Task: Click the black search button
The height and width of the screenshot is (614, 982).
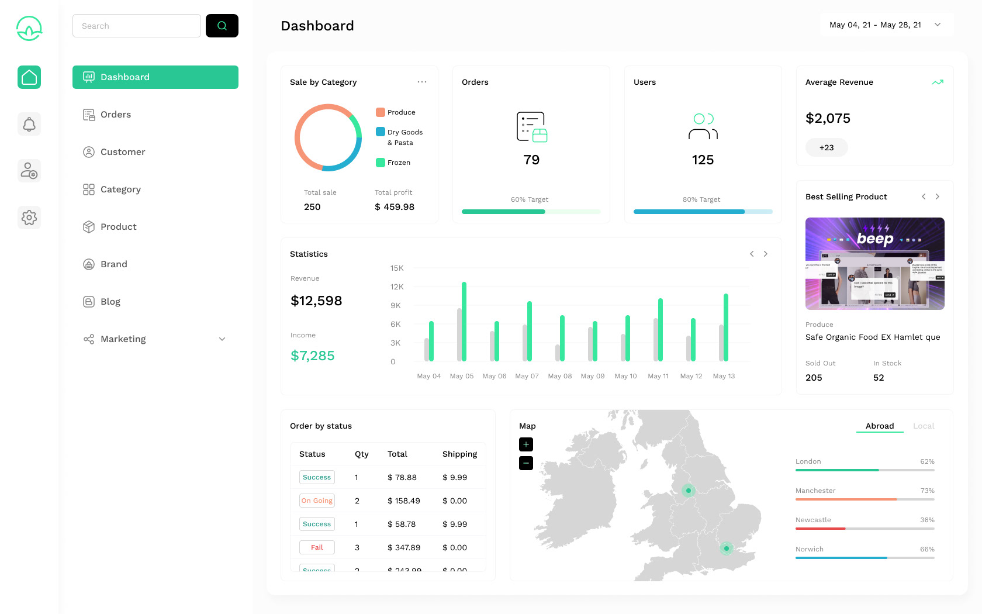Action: [222, 26]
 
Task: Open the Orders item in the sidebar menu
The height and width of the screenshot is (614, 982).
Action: [116, 115]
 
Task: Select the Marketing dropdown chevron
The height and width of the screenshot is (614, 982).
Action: [222, 339]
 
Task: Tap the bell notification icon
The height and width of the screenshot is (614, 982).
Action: [29, 124]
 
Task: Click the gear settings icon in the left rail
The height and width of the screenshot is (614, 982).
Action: [29, 218]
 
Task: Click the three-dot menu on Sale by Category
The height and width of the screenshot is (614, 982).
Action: [422, 82]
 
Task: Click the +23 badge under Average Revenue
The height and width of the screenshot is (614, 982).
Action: [827, 147]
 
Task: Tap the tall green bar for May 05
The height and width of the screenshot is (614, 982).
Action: [464, 322]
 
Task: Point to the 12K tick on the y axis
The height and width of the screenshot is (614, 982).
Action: [397, 287]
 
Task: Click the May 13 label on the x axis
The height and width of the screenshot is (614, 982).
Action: [724, 376]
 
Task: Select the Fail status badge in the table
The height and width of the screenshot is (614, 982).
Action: [317, 547]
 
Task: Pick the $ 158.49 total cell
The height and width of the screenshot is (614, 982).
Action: [404, 501]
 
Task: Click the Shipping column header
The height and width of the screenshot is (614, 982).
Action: [459, 454]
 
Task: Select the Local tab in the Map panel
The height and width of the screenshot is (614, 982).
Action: [924, 426]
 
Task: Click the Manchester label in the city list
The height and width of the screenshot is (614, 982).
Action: [815, 491]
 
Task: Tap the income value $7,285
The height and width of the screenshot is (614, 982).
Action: [313, 356]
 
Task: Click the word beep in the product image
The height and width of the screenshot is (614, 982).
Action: [875, 238]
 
